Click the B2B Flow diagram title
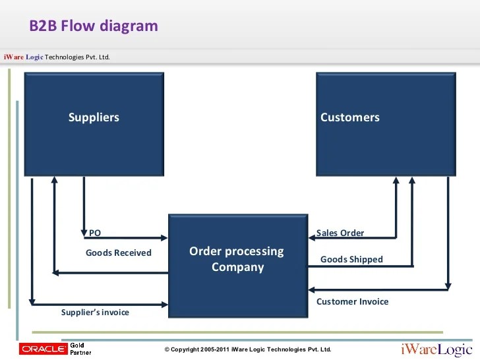(94, 26)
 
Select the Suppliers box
(94, 124)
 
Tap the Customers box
(386, 124)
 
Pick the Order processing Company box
(238, 266)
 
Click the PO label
(95, 233)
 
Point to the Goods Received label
(119, 253)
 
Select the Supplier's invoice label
(95, 313)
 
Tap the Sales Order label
(340, 233)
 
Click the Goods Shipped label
(351, 260)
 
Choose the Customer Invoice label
(352, 301)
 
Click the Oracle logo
(43, 349)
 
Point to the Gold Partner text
(80, 349)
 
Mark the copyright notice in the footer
(248, 349)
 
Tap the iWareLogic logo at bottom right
(437, 349)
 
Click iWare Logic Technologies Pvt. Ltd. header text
(57, 57)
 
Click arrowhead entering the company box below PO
(164, 238)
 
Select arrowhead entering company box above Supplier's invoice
(165, 305)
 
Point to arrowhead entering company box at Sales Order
(312, 238)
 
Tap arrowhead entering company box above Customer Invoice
(312, 289)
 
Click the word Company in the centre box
(238, 267)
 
